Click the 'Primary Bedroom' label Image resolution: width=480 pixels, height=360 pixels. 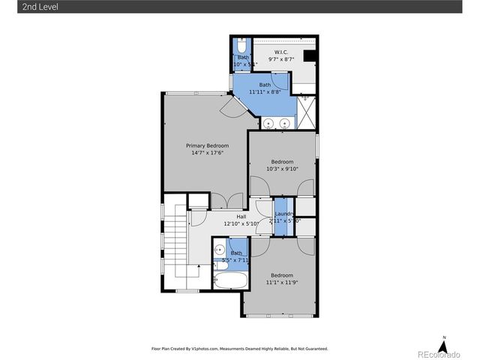[x=207, y=145]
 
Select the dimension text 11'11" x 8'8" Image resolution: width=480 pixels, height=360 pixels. [x=265, y=92]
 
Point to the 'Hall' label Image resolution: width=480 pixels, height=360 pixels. [x=241, y=217]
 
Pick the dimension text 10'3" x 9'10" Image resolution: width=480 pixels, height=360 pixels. [x=282, y=169]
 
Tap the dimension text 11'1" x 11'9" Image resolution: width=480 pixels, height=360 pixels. [x=282, y=283]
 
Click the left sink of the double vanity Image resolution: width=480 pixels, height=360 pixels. [x=268, y=122]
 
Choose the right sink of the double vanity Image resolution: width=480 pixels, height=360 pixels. [x=285, y=122]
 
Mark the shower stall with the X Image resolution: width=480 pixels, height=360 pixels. [x=307, y=112]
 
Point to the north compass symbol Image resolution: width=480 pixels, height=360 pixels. [x=444, y=346]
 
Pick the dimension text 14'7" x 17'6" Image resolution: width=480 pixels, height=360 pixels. [x=207, y=153]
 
